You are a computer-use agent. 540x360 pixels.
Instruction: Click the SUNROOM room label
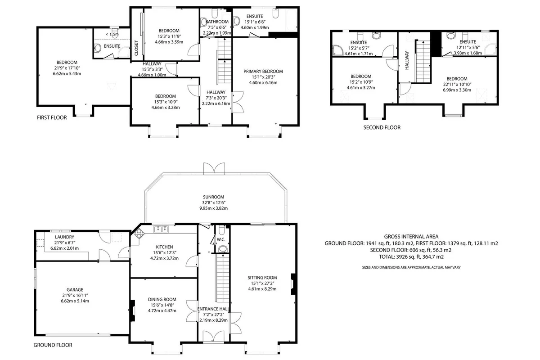tap(213, 197)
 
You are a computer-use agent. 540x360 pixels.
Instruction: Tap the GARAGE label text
tap(75, 290)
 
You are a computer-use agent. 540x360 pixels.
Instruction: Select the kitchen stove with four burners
tap(139, 233)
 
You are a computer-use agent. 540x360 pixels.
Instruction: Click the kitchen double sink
tap(161, 229)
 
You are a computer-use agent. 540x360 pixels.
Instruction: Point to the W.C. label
tap(221, 239)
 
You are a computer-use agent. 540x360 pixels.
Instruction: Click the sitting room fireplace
tap(293, 284)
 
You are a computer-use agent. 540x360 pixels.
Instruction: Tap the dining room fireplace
tap(132, 310)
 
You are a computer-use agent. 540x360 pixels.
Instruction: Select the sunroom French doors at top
tap(214, 168)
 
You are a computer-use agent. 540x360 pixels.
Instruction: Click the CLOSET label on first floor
tap(136, 48)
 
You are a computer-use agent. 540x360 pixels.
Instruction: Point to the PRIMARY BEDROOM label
tap(263, 72)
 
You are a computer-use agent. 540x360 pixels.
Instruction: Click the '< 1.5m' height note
tap(112, 34)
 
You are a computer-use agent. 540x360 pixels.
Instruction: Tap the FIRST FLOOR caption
tap(52, 117)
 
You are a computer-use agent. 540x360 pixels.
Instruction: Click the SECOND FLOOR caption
tap(382, 127)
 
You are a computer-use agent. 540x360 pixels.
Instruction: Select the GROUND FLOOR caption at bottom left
tap(53, 345)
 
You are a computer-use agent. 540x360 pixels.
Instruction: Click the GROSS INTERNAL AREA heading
tap(411, 237)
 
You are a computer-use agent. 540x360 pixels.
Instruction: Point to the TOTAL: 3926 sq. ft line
tap(411, 257)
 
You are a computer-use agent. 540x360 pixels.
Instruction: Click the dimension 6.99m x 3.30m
tap(457, 90)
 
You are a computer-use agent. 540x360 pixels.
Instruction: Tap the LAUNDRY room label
tap(65, 237)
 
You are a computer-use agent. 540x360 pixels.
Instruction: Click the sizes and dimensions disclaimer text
tap(411, 267)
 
